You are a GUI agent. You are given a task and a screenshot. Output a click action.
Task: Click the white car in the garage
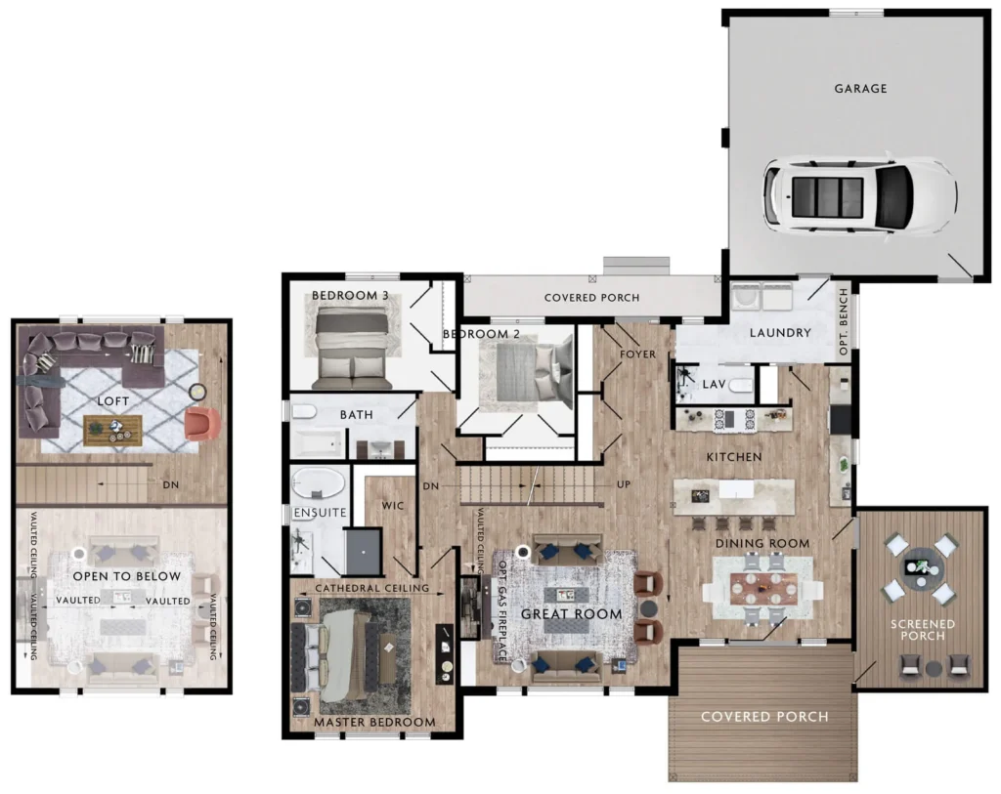860,195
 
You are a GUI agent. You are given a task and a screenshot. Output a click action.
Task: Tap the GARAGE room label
860,89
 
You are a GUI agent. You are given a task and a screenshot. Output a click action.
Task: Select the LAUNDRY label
780,333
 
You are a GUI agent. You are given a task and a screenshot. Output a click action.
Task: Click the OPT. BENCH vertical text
844,322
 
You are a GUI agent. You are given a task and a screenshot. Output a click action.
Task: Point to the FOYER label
637,354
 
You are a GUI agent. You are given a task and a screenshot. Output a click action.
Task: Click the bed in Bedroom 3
352,348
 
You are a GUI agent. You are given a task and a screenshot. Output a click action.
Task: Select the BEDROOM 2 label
481,334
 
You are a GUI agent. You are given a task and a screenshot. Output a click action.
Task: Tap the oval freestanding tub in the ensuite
318,482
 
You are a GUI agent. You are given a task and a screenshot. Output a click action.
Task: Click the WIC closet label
393,506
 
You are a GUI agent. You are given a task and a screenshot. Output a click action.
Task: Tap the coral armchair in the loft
202,424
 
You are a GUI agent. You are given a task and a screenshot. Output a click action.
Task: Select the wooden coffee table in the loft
113,430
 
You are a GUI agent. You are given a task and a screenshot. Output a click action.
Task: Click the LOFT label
113,401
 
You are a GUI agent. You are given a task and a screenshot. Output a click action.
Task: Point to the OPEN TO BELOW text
126,576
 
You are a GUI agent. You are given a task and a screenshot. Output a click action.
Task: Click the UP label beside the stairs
624,484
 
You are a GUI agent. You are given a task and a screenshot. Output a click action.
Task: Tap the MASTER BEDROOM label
374,723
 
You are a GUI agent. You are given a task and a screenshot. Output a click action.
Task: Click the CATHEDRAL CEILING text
372,588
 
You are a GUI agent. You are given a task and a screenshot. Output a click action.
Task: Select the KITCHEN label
734,457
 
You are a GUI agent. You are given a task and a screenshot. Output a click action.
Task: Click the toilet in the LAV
741,385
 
